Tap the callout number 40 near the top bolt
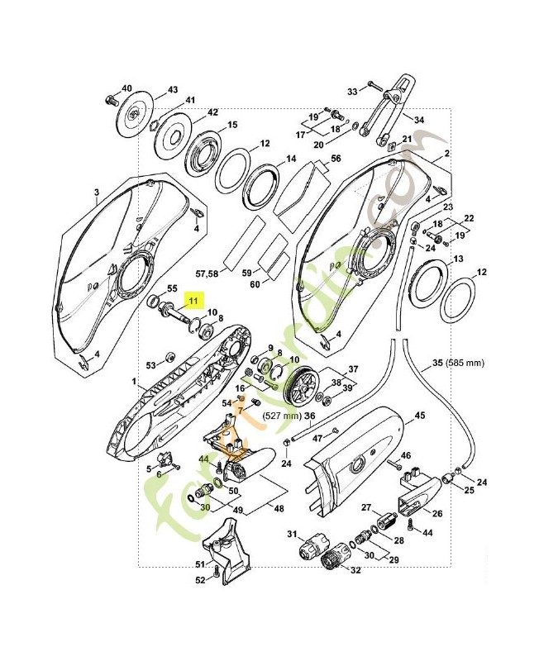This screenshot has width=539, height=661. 126,88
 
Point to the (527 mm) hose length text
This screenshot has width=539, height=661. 281,416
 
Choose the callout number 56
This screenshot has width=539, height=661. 336,158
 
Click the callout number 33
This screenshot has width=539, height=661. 351,91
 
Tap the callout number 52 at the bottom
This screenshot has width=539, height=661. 199,580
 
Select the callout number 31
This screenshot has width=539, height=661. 291,534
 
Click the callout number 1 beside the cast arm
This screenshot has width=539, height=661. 133,382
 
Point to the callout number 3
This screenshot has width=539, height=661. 96,193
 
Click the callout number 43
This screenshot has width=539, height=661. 173,89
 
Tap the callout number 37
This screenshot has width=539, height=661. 353,369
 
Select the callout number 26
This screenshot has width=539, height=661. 437,512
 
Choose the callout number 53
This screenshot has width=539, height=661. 150,364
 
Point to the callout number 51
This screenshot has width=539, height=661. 199,564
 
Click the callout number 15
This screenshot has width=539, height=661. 232,125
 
